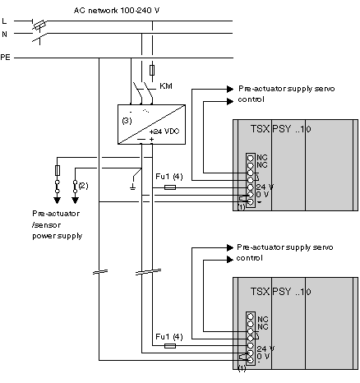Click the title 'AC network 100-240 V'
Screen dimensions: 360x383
(x=117, y=11)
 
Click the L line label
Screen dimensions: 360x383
(x=4, y=21)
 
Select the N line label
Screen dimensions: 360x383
(x=4, y=35)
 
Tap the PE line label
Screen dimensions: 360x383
(x=5, y=58)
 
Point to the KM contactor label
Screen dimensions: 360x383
(x=166, y=86)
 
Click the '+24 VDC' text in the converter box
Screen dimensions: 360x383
(x=164, y=132)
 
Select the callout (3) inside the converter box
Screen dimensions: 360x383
(x=127, y=121)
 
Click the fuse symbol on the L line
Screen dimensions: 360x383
(x=40, y=25)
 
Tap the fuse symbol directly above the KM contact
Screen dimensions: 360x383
(x=152, y=70)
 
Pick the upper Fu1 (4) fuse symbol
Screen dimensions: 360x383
(x=170, y=187)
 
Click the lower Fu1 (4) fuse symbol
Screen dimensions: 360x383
(x=170, y=346)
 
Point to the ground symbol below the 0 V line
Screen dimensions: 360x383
(x=132, y=187)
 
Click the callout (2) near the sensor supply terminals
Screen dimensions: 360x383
(x=83, y=186)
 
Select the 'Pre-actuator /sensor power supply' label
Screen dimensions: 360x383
(x=57, y=224)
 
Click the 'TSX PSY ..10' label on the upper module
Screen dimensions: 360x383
(x=281, y=129)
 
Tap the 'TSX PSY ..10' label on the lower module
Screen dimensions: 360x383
(x=281, y=292)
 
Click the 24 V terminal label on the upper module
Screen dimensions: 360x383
(x=265, y=187)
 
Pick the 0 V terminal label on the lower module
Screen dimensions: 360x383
(x=263, y=356)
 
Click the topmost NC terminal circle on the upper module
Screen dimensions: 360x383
(x=251, y=158)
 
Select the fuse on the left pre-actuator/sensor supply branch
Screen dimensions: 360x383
(x=58, y=170)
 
